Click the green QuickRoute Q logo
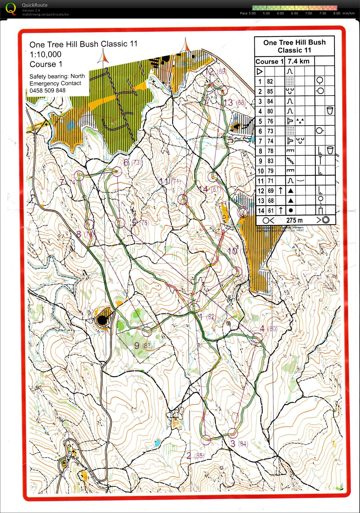coord(11,8)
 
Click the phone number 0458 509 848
coord(47,91)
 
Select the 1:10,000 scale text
coord(45,54)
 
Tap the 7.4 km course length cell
coord(299,61)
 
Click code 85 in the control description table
coord(270,91)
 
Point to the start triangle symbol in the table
coord(260,71)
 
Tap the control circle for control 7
coord(79,175)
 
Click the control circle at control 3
coord(233,433)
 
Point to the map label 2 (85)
coord(195,455)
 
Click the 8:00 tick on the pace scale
coord(337,13)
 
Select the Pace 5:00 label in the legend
coord(248,13)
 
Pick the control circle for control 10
coord(236,272)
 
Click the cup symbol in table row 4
coord(330,111)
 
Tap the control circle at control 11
coord(183,200)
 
